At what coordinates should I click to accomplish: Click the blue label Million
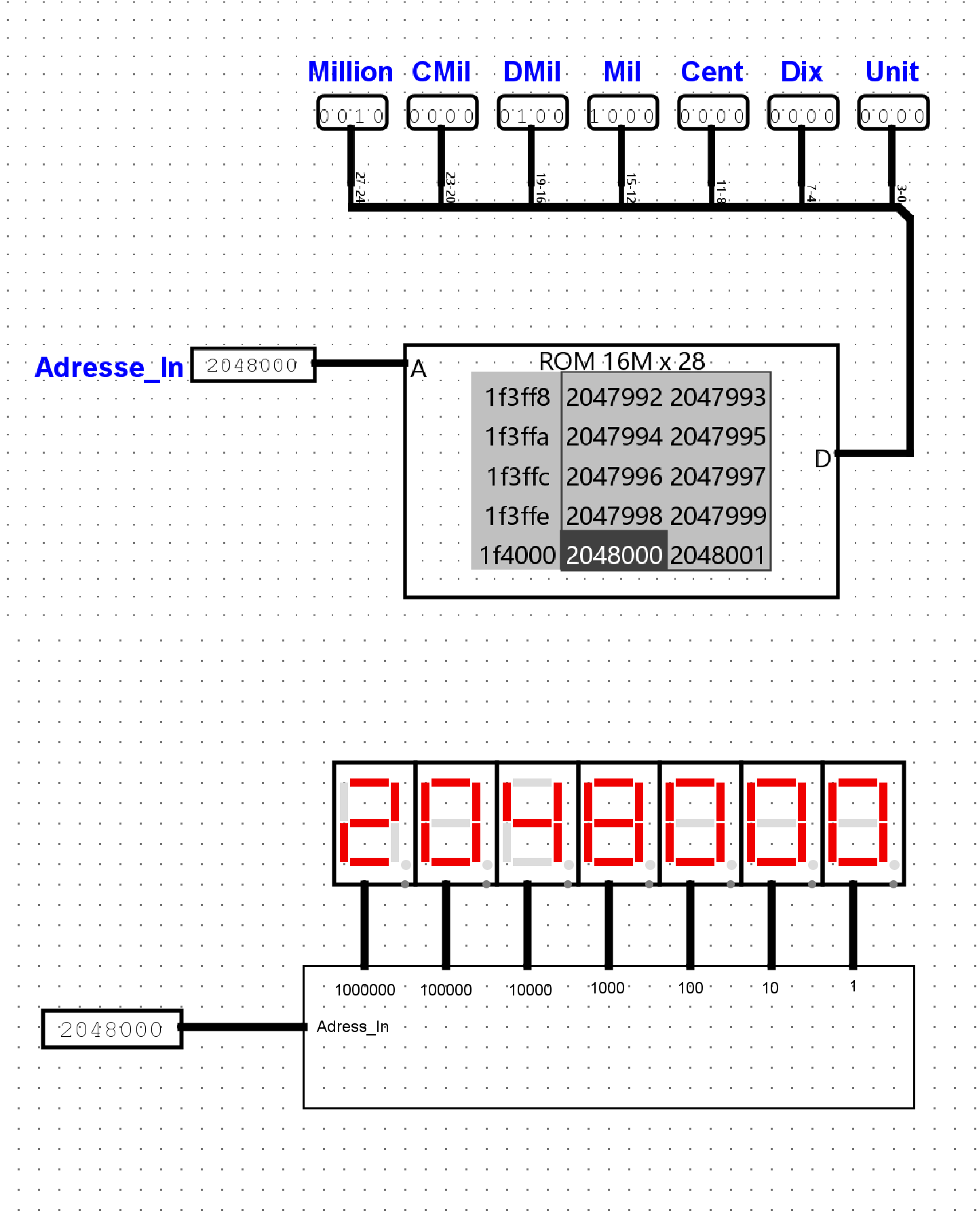point(351,72)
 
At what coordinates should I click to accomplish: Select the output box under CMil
point(442,113)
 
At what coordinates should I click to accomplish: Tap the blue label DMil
point(532,72)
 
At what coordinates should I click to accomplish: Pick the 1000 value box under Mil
point(623,113)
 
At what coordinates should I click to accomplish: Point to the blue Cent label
point(712,72)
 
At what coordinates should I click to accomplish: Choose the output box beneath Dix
point(803,113)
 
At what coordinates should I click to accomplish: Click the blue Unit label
point(892,72)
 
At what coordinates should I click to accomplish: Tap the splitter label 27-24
point(360,187)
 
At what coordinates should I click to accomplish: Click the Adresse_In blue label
point(109,368)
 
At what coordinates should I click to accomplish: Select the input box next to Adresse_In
point(253,365)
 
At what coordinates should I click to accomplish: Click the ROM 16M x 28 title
point(621,361)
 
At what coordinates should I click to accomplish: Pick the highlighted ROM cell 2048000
point(614,555)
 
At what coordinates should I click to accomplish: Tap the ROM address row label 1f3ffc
point(518,477)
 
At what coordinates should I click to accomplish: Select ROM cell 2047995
point(718,437)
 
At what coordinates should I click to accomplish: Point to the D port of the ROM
point(822,459)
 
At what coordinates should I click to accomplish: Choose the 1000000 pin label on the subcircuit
point(365,990)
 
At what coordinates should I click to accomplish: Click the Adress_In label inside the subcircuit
point(353,1027)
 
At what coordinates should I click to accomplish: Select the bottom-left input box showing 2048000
point(112,1029)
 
